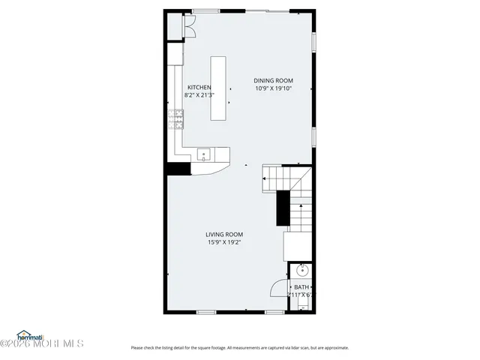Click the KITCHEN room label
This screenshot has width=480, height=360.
pyautogui.click(x=199, y=87)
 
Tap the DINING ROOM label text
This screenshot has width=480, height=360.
pyautogui.click(x=273, y=80)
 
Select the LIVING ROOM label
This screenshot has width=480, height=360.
pyautogui.click(x=224, y=234)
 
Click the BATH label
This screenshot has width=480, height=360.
pyautogui.click(x=301, y=287)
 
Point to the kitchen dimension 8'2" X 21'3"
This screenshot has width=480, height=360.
pyautogui.click(x=199, y=95)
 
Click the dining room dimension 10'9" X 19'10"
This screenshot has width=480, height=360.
pyautogui.click(x=273, y=88)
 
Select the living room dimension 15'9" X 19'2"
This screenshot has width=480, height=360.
pyautogui.click(x=224, y=241)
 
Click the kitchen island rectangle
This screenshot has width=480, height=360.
pyautogui.click(x=218, y=88)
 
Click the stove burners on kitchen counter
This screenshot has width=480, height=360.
pyautogui.click(x=176, y=119)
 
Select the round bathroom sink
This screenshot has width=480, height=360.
pyautogui.click(x=301, y=271)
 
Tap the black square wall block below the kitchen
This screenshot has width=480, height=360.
pyautogui.click(x=178, y=169)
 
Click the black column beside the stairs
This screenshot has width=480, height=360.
pyautogui.click(x=283, y=208)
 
